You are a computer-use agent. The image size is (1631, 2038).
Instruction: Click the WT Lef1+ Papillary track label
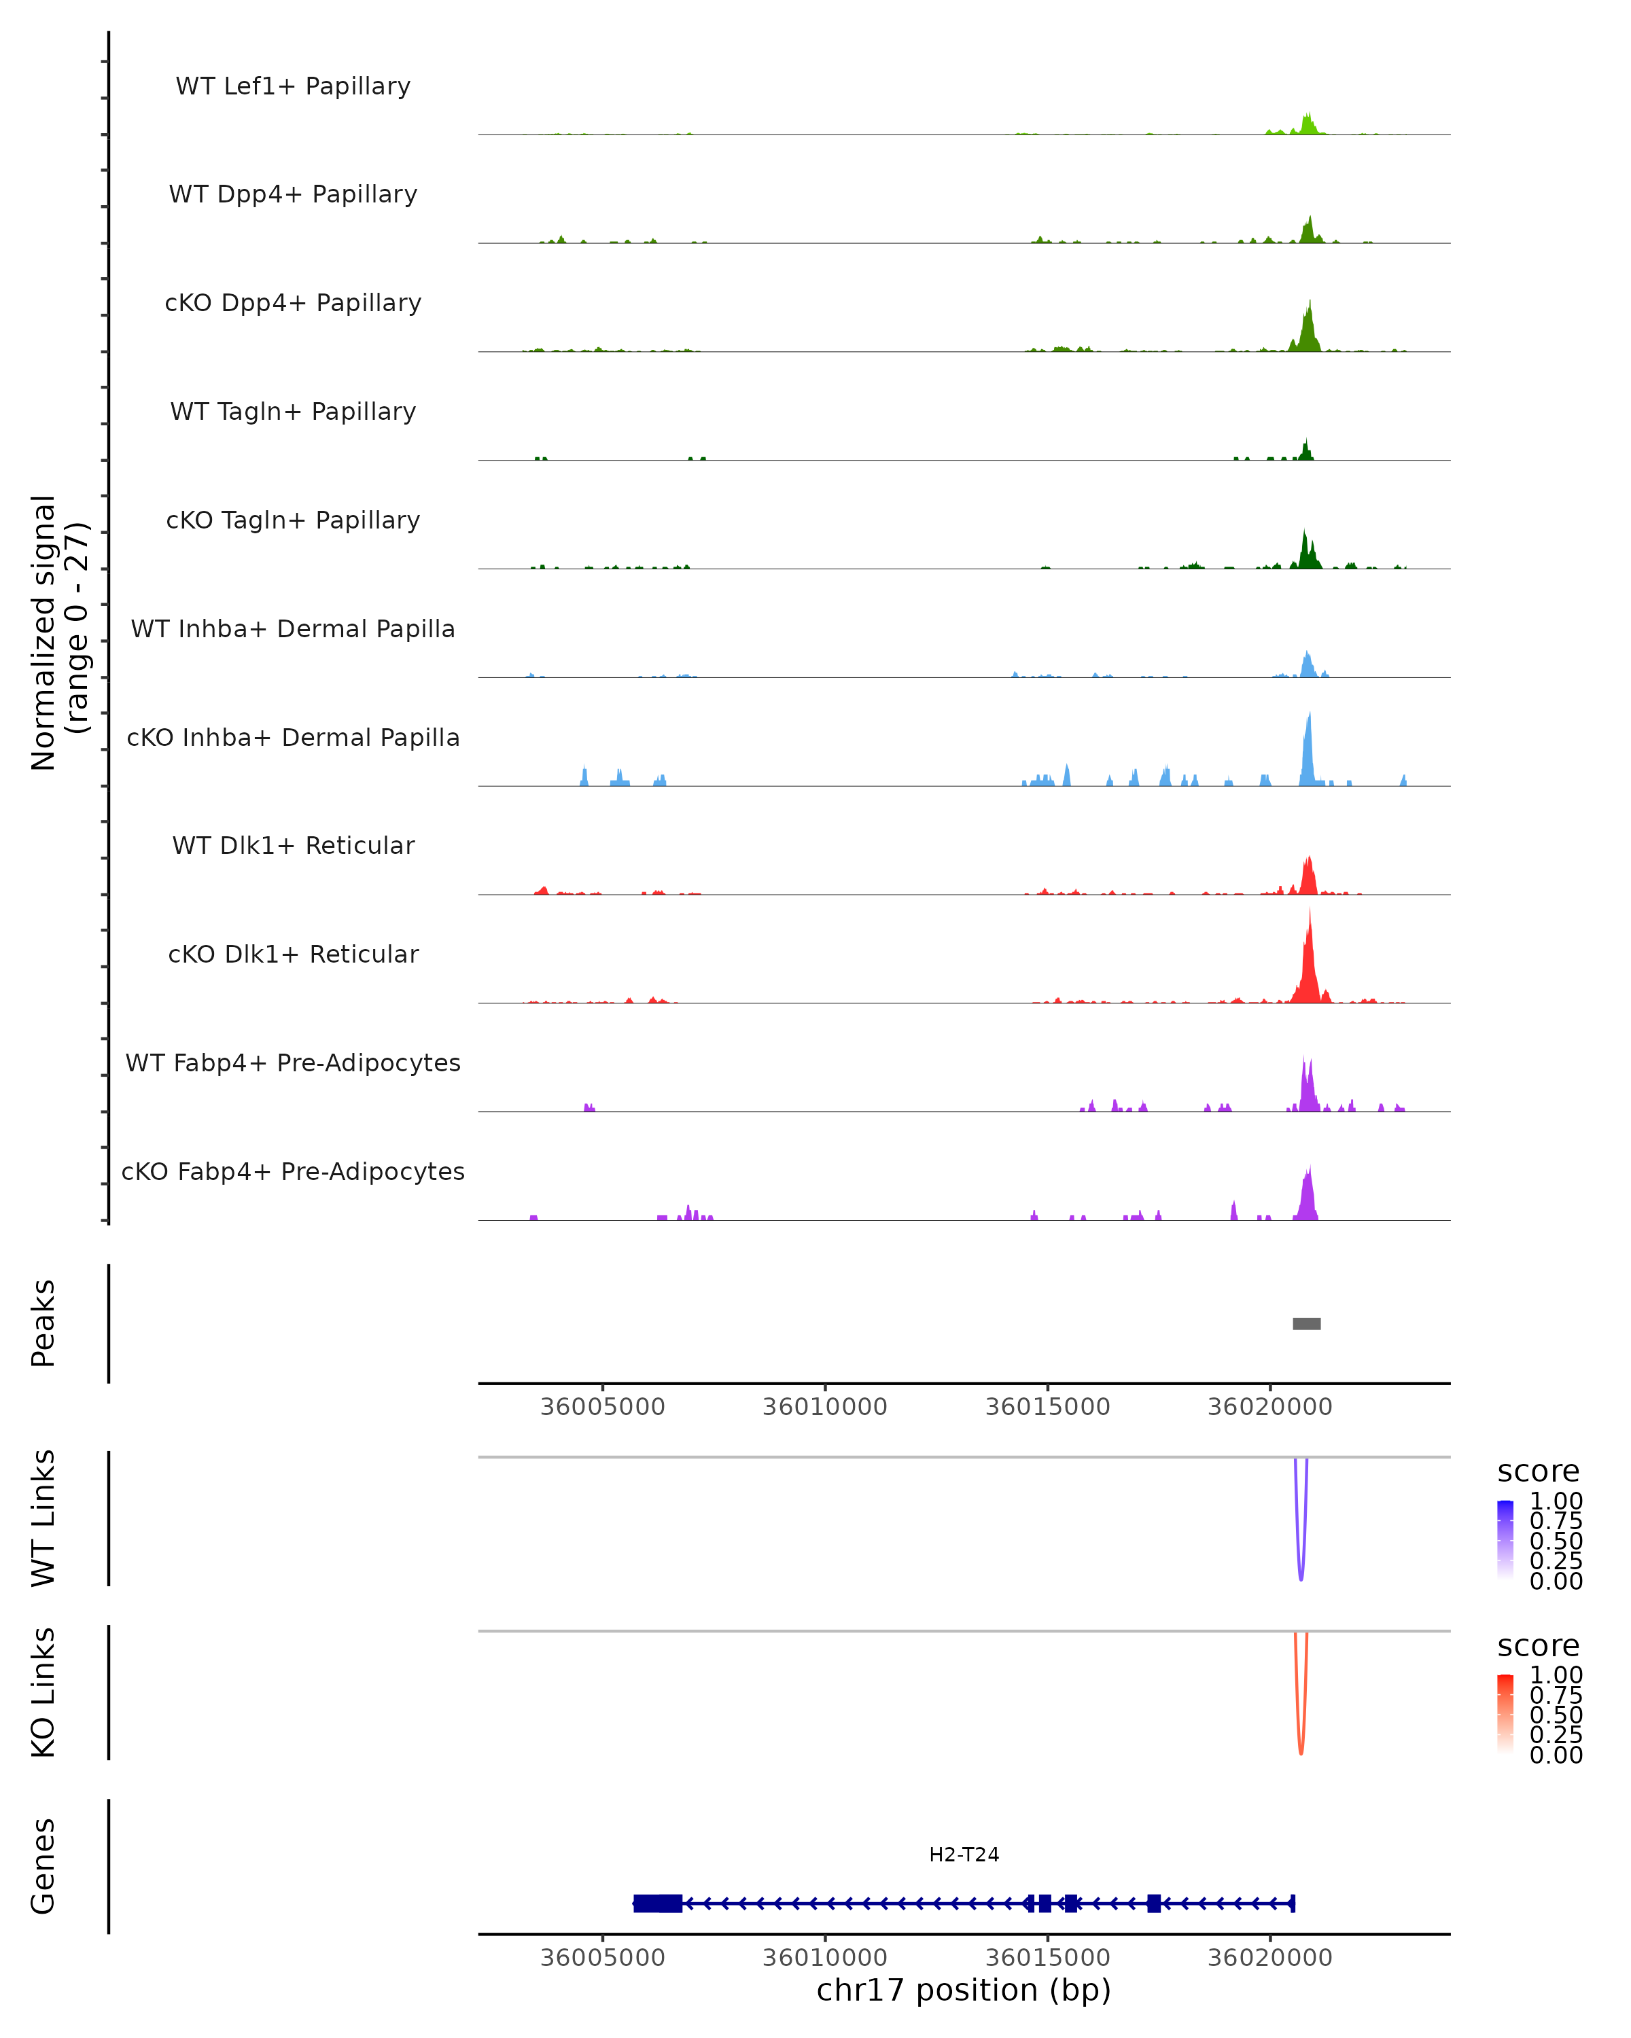293,86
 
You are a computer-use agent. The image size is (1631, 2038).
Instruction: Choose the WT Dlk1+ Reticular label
293,845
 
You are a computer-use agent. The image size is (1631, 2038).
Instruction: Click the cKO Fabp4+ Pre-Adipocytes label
293,1171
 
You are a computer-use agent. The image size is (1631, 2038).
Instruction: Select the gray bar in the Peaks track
1307,1323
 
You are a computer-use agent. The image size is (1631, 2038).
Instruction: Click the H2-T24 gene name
964,1855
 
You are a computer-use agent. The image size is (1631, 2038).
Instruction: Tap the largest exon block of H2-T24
657,1903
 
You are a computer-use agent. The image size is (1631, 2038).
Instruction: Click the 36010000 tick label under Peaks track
824,1407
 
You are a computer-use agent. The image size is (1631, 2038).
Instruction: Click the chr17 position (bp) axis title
964,1990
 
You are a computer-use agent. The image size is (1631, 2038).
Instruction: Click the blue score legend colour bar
1505,1538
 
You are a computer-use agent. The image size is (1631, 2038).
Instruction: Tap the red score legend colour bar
1505,1713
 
